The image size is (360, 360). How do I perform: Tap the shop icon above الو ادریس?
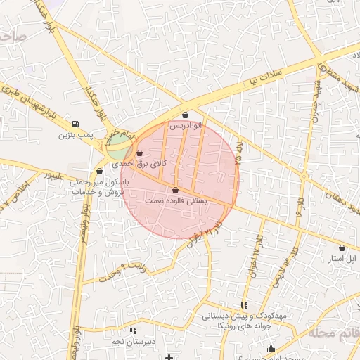tap(186, 115)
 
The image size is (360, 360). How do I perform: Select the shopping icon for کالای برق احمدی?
tap(139, 153)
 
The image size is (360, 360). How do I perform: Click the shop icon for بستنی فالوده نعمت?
tap(175, 190)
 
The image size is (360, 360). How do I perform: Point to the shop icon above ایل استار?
tap(342, 247)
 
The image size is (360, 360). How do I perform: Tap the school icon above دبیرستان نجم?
tap(133, 330)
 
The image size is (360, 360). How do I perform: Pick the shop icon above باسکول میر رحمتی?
tap(99, 171)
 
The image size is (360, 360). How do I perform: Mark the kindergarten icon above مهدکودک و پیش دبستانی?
tap(244, 305)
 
